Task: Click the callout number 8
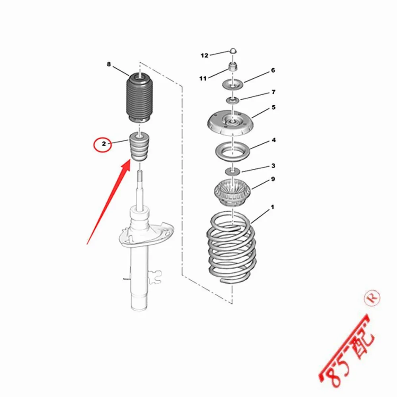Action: (108, 64)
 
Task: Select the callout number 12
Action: (204, 56)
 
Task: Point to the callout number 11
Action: (203, 79)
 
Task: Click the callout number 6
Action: (273, 70)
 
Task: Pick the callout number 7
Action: (273, 92)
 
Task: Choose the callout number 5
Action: (273, 107)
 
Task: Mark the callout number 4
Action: (274, 140)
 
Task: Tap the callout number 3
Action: (273, 166)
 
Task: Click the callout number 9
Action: (273, 179)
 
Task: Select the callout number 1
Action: (272, 207)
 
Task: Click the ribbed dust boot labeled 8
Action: (139, 97)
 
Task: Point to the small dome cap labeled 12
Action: (233, 50)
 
